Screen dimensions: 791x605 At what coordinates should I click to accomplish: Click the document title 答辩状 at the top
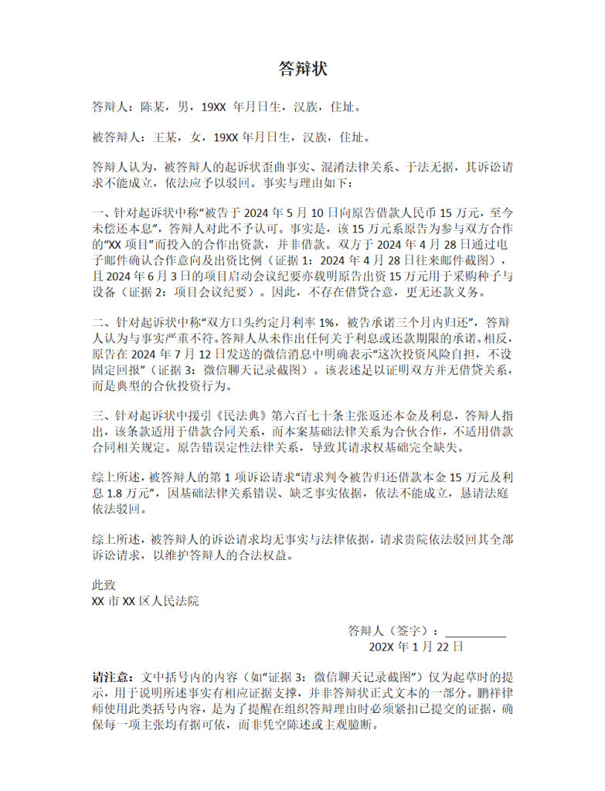click(302, 70)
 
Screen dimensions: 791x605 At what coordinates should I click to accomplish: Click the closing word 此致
click(104, 586)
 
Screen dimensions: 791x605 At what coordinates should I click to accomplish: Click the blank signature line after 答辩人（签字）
click(475, 632)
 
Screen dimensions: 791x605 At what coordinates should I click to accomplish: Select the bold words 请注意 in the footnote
click(112, 677)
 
